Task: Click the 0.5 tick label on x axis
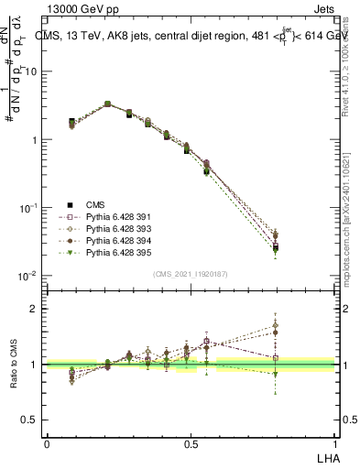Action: coord(191,442)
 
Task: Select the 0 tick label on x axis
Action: coord(47,442)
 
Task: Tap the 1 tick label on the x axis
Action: coord(334,442)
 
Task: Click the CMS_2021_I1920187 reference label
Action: coord(190,274)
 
